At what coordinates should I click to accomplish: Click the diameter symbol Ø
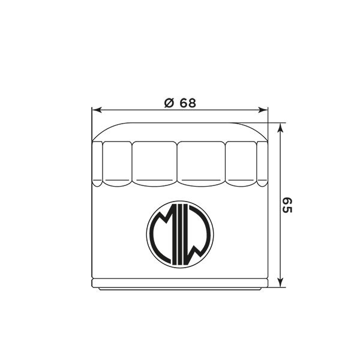coord(169,103)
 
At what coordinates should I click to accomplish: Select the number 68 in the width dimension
coord(188,103)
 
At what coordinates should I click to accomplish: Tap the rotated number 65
coord(287,205)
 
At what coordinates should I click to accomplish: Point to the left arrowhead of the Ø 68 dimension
coord(97,110)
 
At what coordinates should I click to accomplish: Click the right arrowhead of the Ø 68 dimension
coord(263,110)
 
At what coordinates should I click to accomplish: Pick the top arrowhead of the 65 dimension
coord(280,128)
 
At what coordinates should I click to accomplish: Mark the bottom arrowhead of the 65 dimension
coord(280,282)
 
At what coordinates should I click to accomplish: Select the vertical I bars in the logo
coord(180,234)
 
